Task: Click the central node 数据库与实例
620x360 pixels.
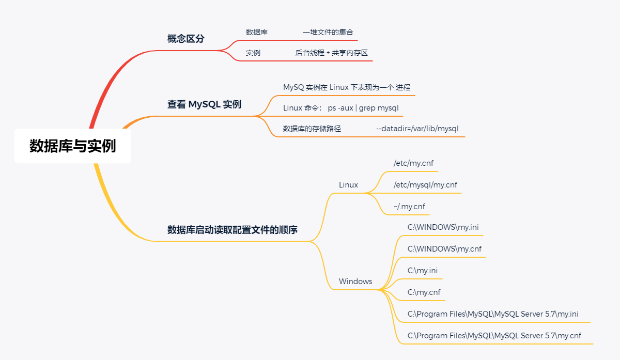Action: [x=72, y=146]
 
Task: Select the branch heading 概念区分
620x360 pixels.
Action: [x=185, y=39]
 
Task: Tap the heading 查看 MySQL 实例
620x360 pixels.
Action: [x=204, y=104]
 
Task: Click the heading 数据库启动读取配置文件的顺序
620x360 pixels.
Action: [x=232, y=230]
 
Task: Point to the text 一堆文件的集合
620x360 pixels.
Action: [x=328, y=32]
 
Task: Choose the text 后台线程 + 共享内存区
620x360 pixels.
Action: [x=331, y=53]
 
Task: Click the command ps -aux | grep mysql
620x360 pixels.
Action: [x=363, y=108]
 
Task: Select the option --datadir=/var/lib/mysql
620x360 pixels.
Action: [x=417, y=129]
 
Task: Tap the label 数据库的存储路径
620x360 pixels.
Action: [x=312, y=129]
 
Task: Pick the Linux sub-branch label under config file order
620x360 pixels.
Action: [x=348, y=185]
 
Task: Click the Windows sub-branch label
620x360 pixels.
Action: [x=355, y=281]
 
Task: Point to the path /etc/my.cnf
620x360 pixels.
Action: [x=413, y=163]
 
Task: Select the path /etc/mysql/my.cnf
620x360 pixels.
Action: [x=425, y=185]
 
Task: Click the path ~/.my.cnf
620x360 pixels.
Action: [x=409, y=207]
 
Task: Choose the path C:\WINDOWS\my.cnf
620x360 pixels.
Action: [x=444, y=248]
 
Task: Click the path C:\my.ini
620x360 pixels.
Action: [x=423, y=270]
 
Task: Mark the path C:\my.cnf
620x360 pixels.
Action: [x=424, y=292]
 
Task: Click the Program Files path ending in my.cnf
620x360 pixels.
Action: [x=494, y=335]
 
